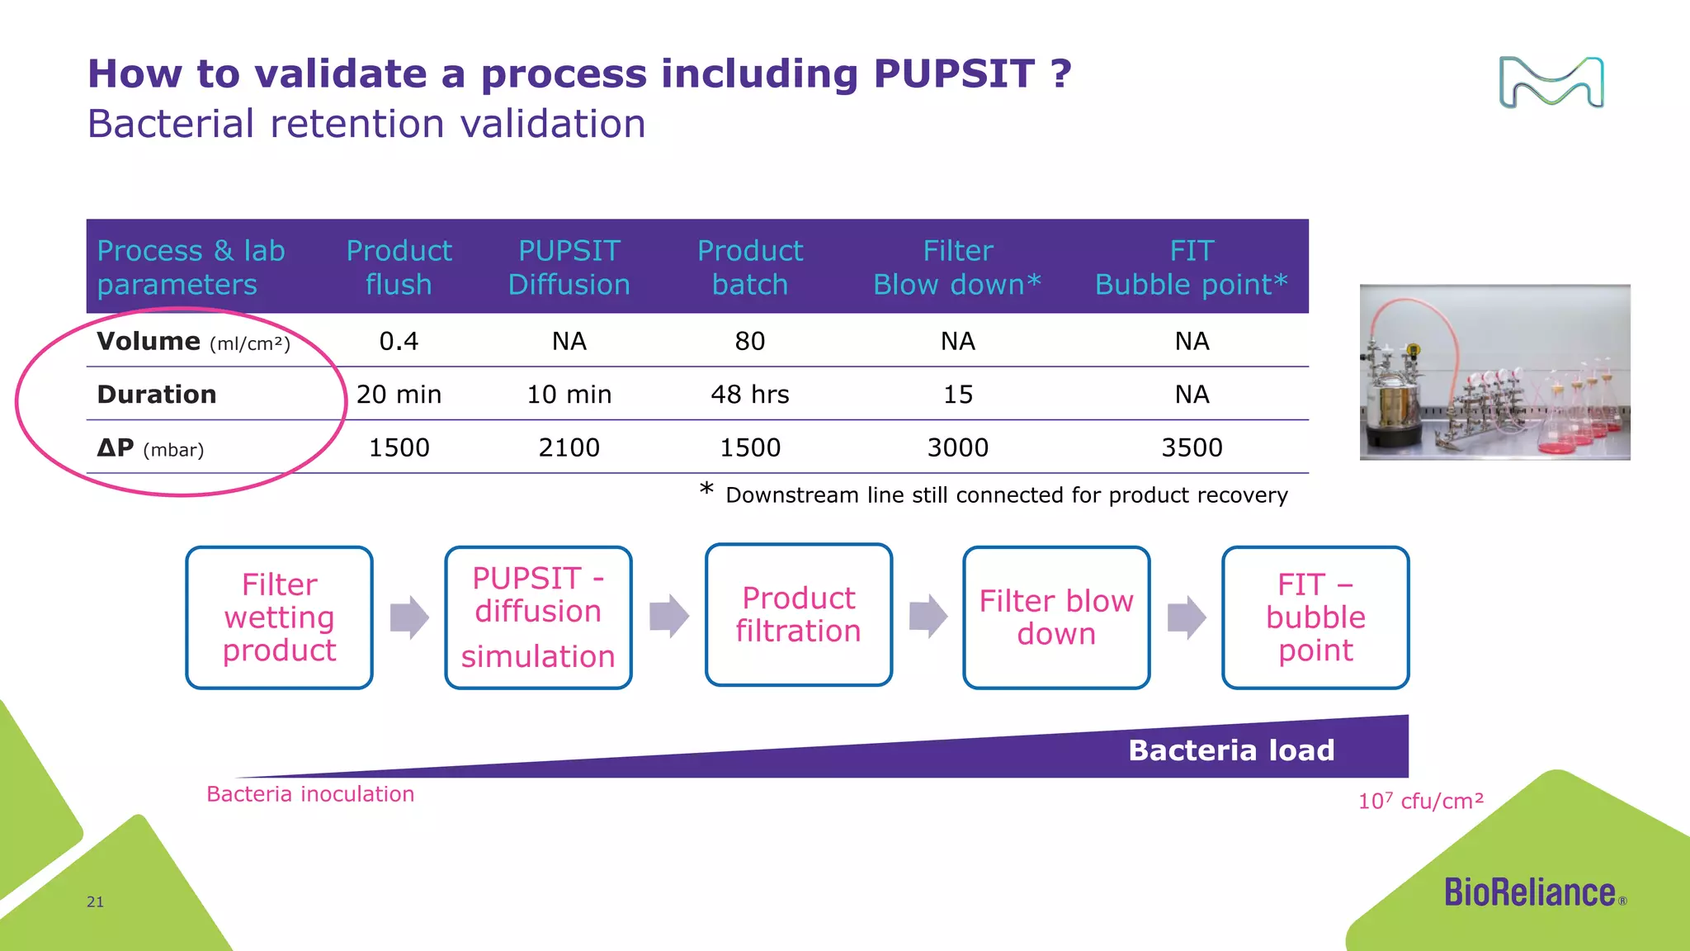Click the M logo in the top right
pyautogui.click(x=1551, y=83)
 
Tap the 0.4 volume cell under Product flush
pyautogui.click(x=399, y=341)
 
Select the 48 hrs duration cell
pyautogui.click(x=749, y=395)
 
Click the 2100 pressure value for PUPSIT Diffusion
pyautogui.click(x=569, y=447)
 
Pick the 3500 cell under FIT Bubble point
pyautogui.click(x=1192, y=447)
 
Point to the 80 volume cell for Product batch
pyautogui.click(x=749, y=341)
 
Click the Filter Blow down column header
pyautogui.click(x=957, y=267)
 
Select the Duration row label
pyautogui.click(x=157, y=395)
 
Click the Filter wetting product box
pyautogui.click(x=280, y=617)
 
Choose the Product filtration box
pyautogui.click(x=799, y=614)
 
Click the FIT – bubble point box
pyautogui.click(x=1315, y=617)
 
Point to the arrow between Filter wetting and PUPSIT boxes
pyautogui.click(x=409, y=617)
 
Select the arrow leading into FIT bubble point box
pyautogui.click(x=1187, y=617)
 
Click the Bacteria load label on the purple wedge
pyautogui.click(x=1231, y=750)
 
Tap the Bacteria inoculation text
pyautogui.click(x=310, y=794)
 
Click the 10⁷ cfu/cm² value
pyautogui.click(x=1421, y=801)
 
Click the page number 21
pyautogui.click(x=96, y=901)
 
